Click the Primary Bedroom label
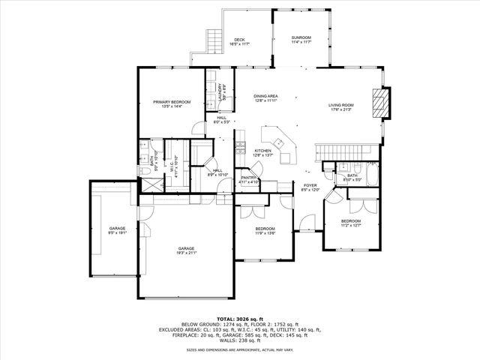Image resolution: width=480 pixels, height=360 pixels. [172, 101]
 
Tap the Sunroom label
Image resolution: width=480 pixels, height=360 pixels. [301, 37]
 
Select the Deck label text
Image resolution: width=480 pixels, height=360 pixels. [239, 40]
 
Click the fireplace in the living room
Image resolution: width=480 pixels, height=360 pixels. [384, 103]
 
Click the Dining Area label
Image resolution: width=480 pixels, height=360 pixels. [265, 96]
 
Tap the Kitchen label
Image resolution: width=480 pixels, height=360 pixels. [262, 151]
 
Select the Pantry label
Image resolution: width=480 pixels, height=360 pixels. [249, 177]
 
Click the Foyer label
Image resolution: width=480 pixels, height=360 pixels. [310, 185]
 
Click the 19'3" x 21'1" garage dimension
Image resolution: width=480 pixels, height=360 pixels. [186, 253]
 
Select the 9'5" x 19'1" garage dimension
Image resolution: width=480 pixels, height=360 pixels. [117, 232]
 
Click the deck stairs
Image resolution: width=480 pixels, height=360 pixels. [212, 37]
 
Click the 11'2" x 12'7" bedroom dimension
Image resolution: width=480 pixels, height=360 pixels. [351, 226]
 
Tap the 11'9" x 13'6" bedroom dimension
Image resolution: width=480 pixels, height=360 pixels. [265, 233]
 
